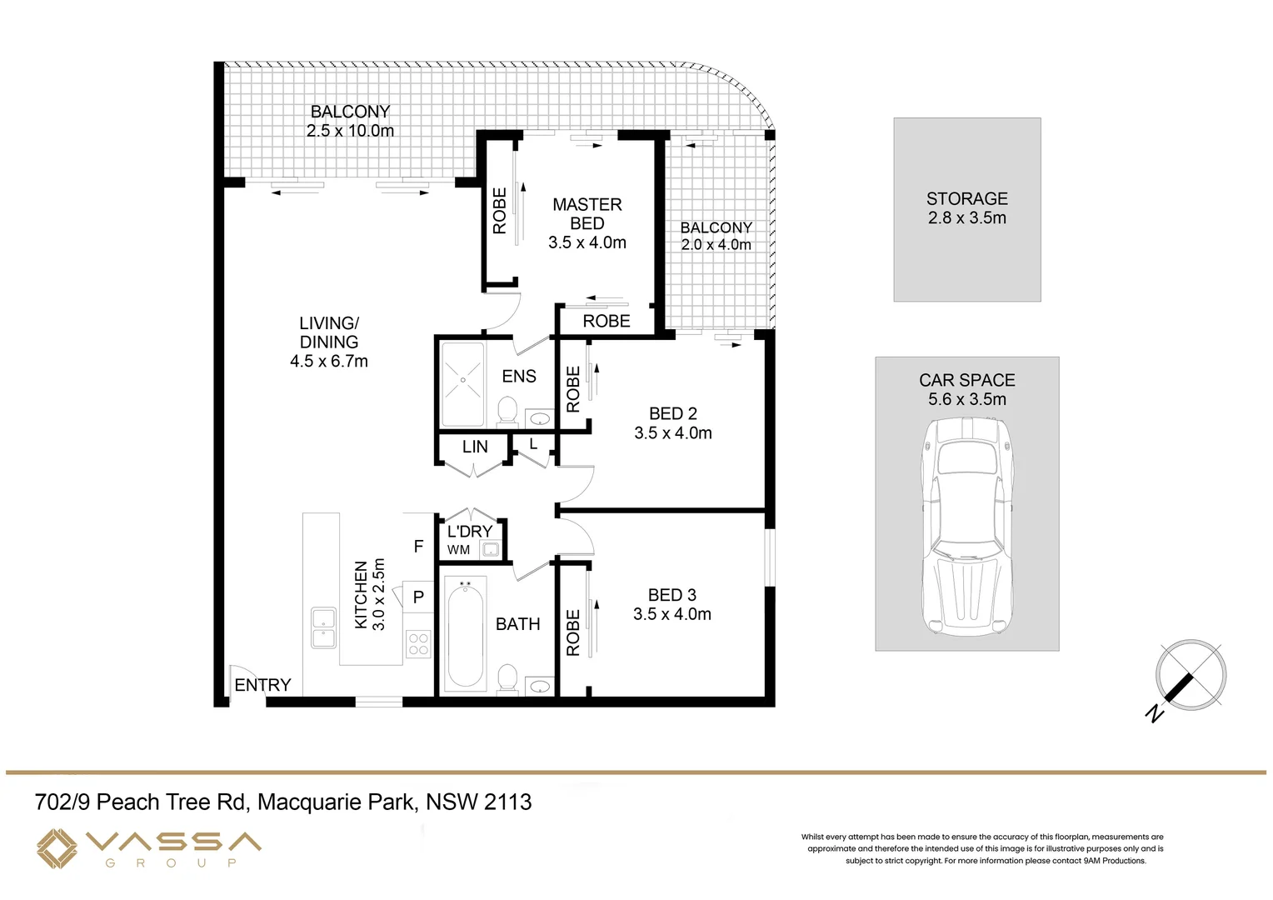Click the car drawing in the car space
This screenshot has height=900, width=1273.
tap(966, 525)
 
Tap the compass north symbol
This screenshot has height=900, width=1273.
tap(1191, 675)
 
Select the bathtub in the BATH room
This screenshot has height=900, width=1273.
tap(464, 637)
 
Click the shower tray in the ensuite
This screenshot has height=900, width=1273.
tap(462, 383)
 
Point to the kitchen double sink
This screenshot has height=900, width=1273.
tap(323, 628)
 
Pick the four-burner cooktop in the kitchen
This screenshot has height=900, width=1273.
tap(418, 644)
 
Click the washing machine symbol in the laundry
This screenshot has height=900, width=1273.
tap(490, 549)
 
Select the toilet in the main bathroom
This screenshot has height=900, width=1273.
tap(507, 678)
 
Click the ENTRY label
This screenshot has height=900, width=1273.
tap(262, 685)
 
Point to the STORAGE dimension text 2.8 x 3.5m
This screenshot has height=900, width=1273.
tap(966, 218)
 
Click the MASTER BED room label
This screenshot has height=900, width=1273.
tap(587, 214)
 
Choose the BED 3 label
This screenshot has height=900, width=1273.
tap(671, 595)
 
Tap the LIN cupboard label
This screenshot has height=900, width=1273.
tap(475, 447)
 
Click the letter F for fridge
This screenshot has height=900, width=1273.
tap(418, 547)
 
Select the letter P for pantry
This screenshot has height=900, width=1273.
tap(418, 597)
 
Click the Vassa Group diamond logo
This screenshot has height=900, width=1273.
tap(57, 848)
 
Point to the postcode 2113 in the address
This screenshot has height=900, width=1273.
tap(507, 802)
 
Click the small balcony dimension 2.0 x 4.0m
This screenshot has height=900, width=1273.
tap(716, 245)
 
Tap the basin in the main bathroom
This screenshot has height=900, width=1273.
tap(540, 686)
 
